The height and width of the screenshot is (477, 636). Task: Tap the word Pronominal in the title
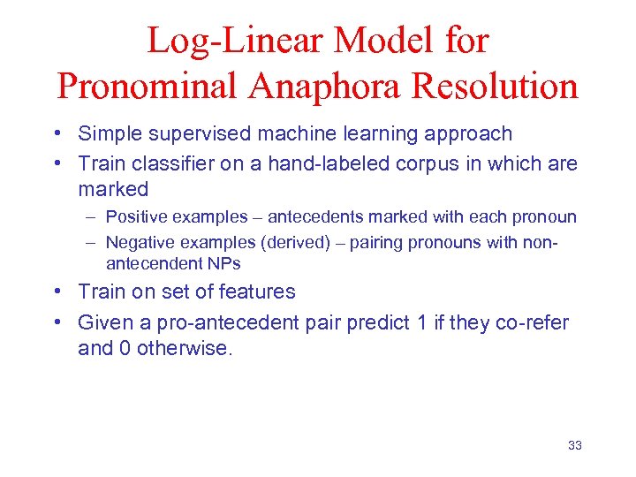[151, 87]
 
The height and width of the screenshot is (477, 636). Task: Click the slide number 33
[575, 445]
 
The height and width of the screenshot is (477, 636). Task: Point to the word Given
[102, 322]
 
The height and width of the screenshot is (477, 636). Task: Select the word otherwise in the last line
[184, 349]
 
